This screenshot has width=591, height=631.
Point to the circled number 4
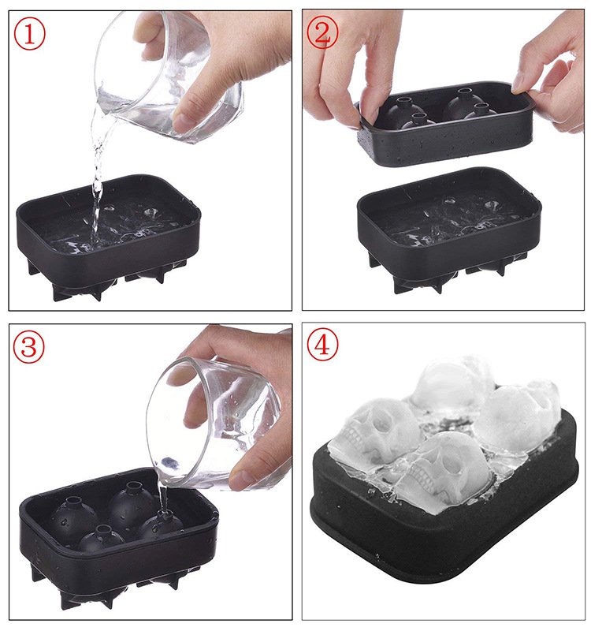tap(322, 345)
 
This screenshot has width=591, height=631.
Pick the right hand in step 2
tap(556, 79)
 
